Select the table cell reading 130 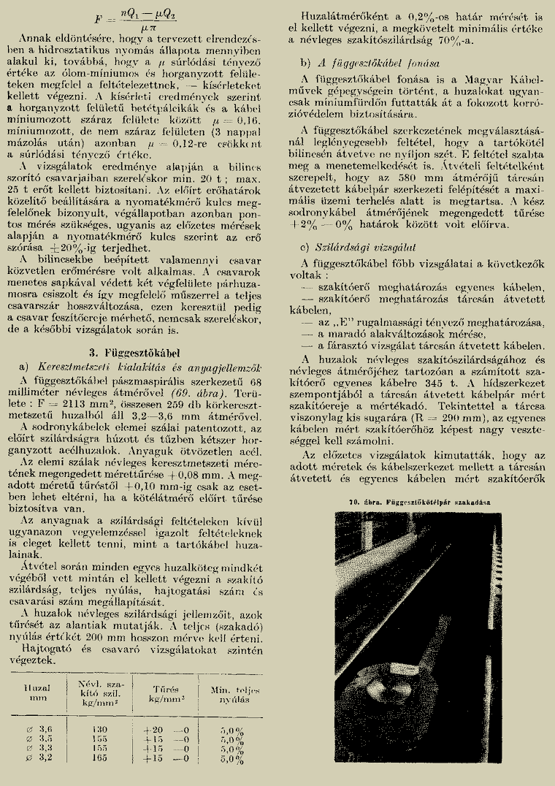click(100, 729)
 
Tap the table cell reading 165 click(100, 758)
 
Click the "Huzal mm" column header click(36, 692)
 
